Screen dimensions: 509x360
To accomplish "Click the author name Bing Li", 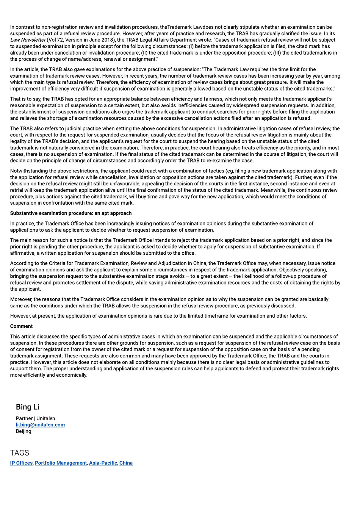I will pos(28,407).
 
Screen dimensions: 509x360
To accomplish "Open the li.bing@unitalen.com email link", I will pos(40,425).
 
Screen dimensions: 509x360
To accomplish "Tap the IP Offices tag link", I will pos(21,463).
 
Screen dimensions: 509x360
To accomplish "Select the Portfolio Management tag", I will pos(61,463).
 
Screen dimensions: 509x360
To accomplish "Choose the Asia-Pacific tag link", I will pos(103,463).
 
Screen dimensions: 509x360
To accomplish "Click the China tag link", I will pos(126,463).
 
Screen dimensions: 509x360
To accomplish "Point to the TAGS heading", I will pos(20,453).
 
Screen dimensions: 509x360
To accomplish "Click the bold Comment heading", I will pos(21,326).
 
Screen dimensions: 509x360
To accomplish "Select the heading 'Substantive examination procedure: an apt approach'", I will pos(71,213).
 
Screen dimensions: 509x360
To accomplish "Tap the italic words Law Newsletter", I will pos(28,40).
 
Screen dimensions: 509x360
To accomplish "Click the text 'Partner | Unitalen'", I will pos(35,418).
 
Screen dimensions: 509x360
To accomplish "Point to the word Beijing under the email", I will pos(23,431).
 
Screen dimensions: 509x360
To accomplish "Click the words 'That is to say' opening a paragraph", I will pos(25,99).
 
